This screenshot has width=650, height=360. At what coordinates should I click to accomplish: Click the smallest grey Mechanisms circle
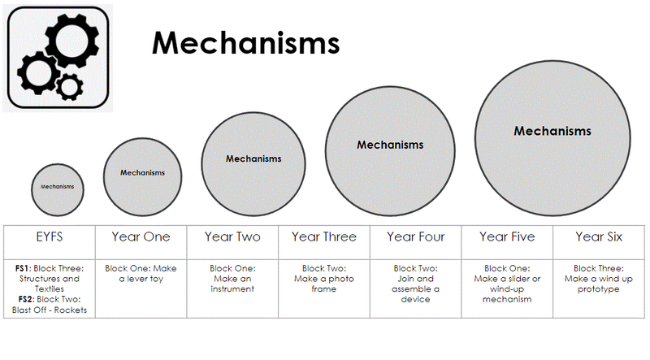58,187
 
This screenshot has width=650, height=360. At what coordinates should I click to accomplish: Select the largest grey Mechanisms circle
552,131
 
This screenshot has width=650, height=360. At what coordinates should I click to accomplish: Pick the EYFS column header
50,237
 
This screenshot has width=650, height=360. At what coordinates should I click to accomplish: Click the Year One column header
141,237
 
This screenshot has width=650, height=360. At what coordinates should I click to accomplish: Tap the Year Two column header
232,237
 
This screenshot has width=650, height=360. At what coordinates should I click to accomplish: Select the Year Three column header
323,237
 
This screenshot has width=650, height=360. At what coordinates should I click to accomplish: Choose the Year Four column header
415,237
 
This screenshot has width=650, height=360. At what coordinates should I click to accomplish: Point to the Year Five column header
507,237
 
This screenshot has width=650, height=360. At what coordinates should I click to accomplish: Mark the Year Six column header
598,237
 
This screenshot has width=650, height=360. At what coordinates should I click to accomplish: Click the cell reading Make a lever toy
141,274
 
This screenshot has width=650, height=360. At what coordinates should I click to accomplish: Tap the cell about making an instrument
232,279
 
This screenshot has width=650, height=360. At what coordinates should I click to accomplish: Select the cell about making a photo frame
323,279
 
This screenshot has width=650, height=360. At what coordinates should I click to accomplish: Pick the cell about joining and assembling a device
415,284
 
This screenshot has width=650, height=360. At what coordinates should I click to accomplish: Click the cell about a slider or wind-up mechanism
507,284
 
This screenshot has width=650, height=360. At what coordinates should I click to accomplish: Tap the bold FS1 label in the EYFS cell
22,268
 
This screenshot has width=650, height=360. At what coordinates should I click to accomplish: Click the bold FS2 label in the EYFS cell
22,299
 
